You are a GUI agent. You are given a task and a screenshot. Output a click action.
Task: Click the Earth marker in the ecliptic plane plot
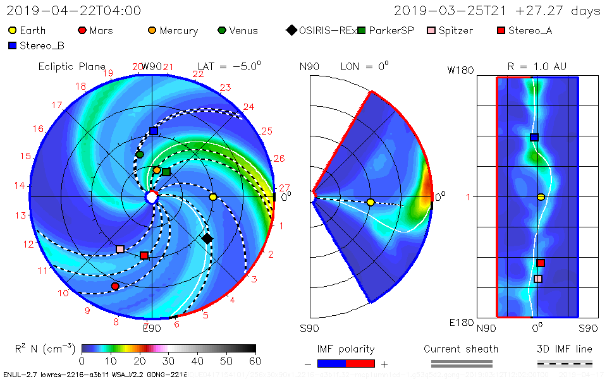(x=213, y=197)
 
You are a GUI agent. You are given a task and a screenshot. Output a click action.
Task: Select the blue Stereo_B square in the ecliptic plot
(x=154, y=131)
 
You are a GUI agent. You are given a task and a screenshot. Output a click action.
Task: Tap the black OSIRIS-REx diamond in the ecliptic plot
(x=207, y=238)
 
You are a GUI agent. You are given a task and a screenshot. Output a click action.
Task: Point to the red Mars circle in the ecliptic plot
(x=115, y=286)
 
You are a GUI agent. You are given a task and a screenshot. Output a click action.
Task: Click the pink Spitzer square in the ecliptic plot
(x=120, y=249)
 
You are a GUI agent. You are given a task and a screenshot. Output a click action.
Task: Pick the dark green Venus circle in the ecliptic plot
(x=140, y=154)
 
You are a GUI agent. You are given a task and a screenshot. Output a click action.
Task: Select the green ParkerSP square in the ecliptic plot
(x=166, y=172)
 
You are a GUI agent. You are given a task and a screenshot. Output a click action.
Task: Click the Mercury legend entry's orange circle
(x=152, y=30)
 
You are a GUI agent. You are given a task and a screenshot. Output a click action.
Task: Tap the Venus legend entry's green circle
(x=222, y=30)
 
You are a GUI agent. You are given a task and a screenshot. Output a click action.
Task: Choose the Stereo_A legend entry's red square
(x=501, y=30)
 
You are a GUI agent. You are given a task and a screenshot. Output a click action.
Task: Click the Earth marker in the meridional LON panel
(x=371, y=202)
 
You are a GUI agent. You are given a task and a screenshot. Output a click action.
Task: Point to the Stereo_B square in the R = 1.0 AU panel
(x=534, y=137)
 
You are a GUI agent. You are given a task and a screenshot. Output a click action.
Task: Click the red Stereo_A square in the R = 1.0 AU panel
(x=541, y=263)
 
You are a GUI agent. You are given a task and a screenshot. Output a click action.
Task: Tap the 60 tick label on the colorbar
(x=255, y=361)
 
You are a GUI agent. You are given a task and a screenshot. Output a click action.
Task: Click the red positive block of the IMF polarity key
(x=360, y=364)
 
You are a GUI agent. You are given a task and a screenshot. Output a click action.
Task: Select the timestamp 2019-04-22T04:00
(x=74, y=11)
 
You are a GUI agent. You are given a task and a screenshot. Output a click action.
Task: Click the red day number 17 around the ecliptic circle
(x=57, y=105)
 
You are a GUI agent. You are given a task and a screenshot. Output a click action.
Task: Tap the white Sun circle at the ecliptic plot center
(x=152, y=198)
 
